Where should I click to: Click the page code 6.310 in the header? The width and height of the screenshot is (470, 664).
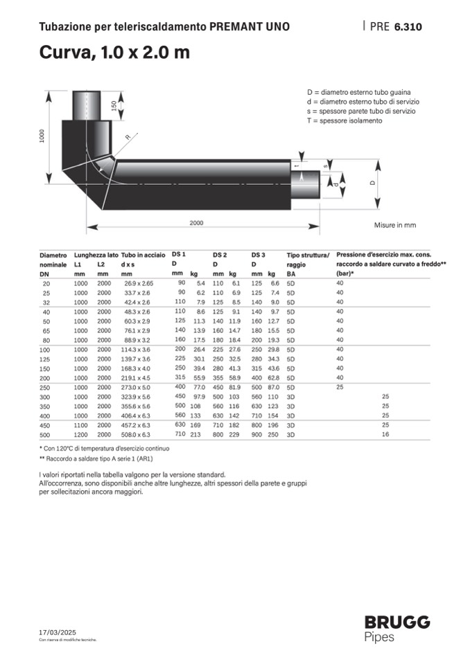408,28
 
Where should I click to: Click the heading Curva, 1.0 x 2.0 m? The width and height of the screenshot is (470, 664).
114,53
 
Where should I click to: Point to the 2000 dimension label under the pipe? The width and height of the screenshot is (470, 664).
196,223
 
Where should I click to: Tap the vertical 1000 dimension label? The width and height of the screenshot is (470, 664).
42,136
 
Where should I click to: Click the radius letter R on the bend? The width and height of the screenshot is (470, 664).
127,138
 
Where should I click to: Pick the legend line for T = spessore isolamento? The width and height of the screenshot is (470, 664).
344,120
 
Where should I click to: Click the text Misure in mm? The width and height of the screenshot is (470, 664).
395,225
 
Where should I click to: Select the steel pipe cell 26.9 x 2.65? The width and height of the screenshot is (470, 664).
138,284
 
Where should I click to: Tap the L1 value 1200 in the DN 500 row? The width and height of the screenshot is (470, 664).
81,434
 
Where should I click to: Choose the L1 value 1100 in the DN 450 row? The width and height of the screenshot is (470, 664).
81,424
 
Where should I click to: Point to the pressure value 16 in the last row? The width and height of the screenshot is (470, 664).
385,434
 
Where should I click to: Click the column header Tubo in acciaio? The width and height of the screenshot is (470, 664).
142,255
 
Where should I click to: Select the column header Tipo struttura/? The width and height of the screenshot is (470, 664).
308,255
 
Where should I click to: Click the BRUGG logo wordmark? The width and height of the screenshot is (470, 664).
397,622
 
